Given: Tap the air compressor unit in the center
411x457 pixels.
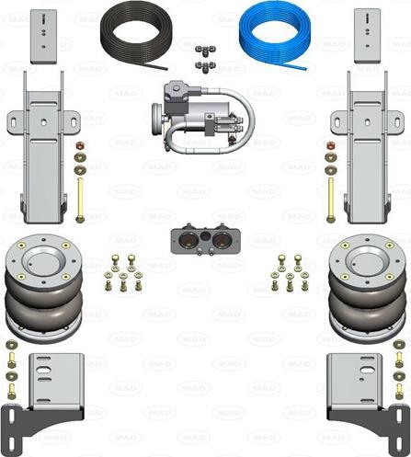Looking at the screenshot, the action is (x=202, y=117).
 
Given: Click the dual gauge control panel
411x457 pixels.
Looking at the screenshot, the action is (x=206, y=240).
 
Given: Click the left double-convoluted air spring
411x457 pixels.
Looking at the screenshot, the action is (x=44, y=288).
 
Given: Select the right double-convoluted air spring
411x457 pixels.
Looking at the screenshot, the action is (x=368, y=288).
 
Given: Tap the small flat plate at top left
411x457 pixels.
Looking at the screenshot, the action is (x=43, y=37).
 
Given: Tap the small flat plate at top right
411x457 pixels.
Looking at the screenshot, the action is (x=368, y=36).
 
